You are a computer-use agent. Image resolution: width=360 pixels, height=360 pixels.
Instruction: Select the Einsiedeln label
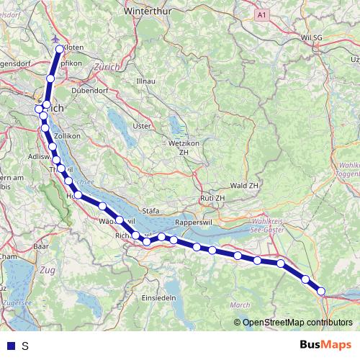coord(159,298)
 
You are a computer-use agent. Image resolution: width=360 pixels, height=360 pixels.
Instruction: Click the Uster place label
coord(142,126)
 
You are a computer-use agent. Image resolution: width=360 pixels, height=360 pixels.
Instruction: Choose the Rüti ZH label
coord(213,198)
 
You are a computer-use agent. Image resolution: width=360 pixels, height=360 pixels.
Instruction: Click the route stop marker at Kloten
coord(60,49)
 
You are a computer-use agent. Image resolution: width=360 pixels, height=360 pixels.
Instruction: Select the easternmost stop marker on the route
coord(322,292)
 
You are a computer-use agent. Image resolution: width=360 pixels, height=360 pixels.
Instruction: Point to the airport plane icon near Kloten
coord(55,39)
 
